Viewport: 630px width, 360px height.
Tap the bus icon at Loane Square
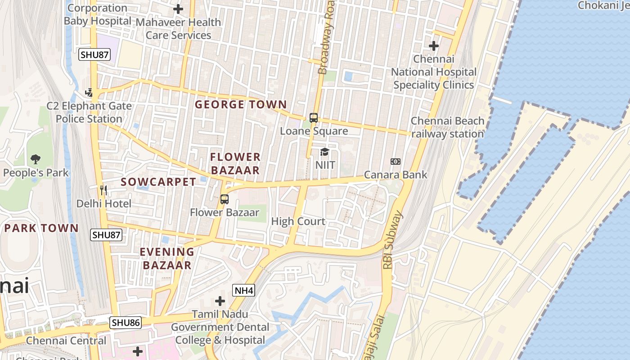click(314, 118)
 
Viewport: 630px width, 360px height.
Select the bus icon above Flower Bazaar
click(224, 199)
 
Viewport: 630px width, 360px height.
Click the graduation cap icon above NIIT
click(324, 152)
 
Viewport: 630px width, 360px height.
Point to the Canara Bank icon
click(395, 162)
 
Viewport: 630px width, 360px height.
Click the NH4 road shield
click(244, 291)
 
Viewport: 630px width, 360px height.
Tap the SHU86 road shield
click(126, 323)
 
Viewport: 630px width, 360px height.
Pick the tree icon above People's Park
click(36, 159)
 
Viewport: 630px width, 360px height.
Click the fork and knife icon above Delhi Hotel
click(103, 190)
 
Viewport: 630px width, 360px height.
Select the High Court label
click(298, 221)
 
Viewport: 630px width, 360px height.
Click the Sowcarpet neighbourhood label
click(158, 182)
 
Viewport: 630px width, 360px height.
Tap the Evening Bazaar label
click(167, 258)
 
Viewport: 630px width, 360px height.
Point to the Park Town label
click(41, 228)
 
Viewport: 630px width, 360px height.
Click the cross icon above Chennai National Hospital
click(433, 46)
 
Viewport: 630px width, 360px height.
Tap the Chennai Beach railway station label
click(447, 127)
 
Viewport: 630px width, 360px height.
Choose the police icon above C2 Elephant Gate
click(89, 93)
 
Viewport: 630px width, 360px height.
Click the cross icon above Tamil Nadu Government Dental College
click(220, 301)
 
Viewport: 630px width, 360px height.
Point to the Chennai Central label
click(66, 341)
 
